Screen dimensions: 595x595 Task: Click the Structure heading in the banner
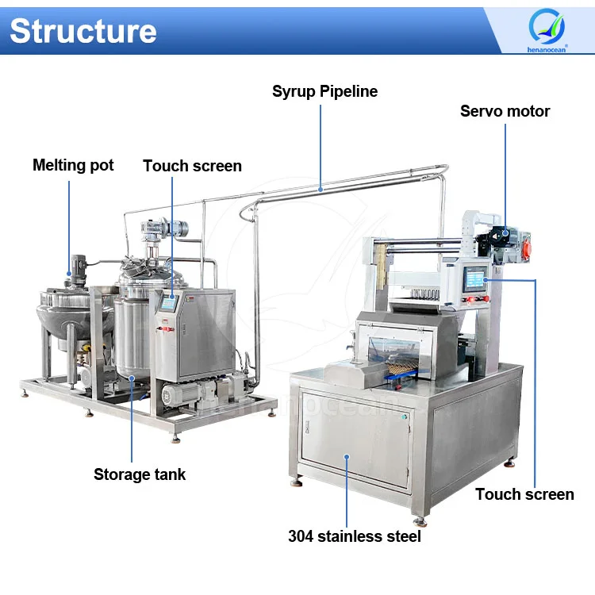[83, 30]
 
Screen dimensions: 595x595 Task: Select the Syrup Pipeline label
[324, 91]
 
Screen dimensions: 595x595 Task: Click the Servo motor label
[505, 111]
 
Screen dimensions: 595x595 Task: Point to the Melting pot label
[73, 165]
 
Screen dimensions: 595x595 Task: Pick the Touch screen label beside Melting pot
[192, 166]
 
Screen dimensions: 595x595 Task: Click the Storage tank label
[140, 474]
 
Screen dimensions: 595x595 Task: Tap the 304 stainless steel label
[354, 536]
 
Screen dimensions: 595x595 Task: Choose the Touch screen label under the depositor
[524, 494]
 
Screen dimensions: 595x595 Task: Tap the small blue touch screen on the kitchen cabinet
[168, 303]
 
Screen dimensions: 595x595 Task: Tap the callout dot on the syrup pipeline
[320, 189]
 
